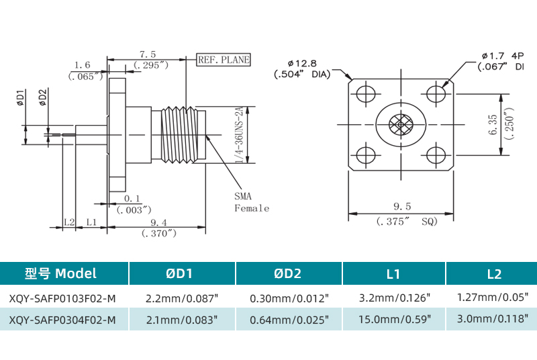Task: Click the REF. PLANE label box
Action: (224, 60)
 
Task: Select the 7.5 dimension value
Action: (148, 54)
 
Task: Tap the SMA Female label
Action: (251, 202)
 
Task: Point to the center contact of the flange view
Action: (401, 125)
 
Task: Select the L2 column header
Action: (494, 273)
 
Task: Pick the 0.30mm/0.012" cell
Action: (289, 297)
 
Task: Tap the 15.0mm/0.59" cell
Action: (393, 320)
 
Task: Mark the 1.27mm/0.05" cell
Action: (493, 297)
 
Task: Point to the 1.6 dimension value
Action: (83, 65)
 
